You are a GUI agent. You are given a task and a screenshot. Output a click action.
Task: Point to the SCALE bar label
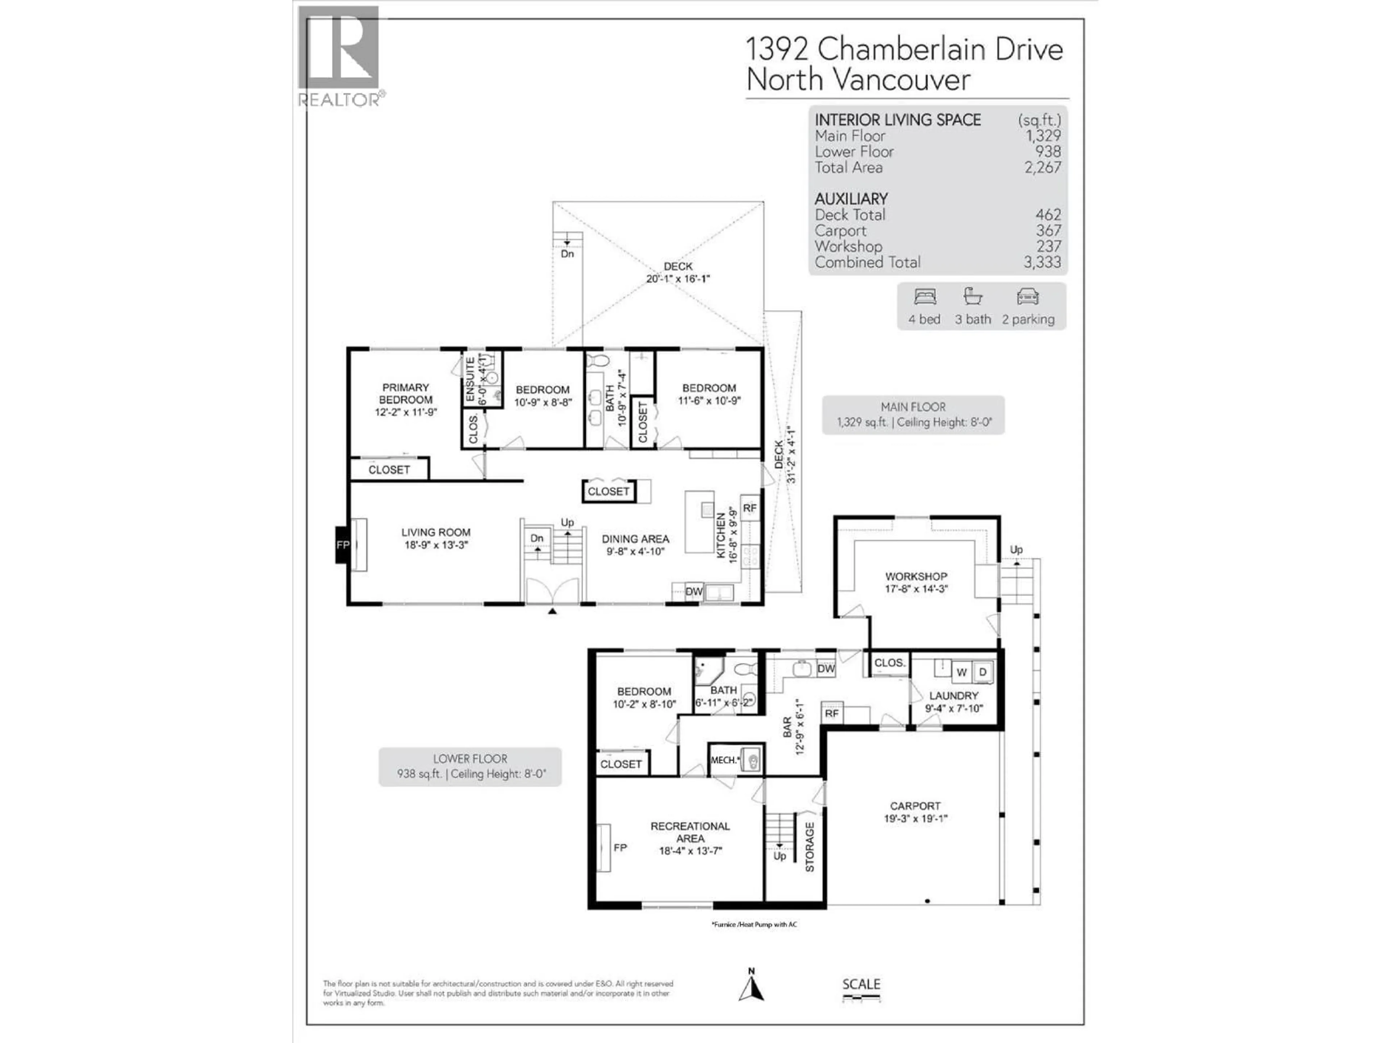861,984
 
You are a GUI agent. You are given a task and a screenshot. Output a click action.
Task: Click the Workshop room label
916,582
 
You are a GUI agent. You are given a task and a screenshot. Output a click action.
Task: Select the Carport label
915,812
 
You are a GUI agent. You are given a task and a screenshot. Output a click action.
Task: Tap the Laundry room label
953,701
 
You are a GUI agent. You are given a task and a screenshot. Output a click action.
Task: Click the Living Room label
436,538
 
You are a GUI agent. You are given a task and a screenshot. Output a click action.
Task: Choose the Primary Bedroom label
406,399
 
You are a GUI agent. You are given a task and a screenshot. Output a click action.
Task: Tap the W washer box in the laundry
961,672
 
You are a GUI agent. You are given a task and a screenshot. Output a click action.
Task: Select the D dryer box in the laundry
983,672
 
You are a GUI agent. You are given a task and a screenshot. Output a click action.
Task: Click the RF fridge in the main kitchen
749,508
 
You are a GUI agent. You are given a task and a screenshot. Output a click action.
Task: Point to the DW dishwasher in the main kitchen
694,592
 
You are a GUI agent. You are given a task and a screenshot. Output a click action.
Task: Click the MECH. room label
724,760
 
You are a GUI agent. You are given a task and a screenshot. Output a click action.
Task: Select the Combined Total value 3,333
1042,262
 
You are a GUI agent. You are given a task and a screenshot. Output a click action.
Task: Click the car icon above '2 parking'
1028,297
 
